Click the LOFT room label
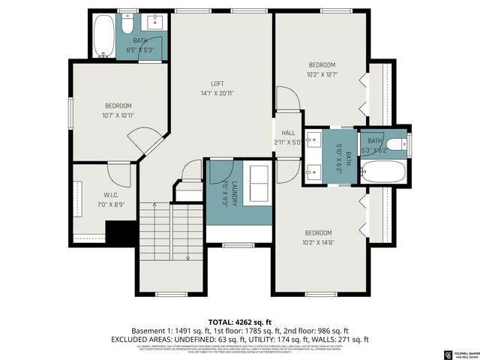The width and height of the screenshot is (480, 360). pyautogui.click(x=217, y=83)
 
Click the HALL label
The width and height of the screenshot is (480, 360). pyautogui.click(x=287, y=132)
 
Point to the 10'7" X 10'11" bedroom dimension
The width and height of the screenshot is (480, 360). pyautogui.click(x=118, y=115)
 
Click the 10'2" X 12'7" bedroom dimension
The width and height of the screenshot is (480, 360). pyautogui.click(x=322, y=74)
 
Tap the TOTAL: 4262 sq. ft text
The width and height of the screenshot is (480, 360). pyautogui.click(x=239, y=319)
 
